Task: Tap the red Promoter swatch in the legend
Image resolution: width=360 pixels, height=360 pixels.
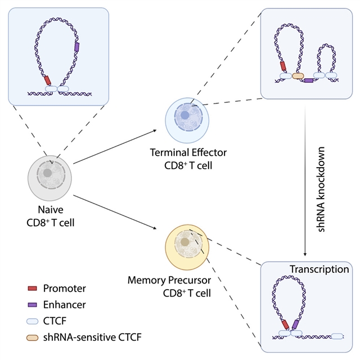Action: [33, 289]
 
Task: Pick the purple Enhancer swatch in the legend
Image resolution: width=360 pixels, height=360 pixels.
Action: [33, 304]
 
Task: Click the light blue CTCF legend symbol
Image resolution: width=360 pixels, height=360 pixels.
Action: [33, 321]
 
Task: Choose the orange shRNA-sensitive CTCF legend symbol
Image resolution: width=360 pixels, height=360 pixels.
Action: [33, 336]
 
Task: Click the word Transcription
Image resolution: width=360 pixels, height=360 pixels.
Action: [319, 269]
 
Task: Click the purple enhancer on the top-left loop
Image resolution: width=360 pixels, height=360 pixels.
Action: [77, 47]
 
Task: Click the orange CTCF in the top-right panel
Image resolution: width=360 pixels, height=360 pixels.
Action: [298, 75]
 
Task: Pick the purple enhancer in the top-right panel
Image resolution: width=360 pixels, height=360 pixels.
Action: [308, 81]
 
